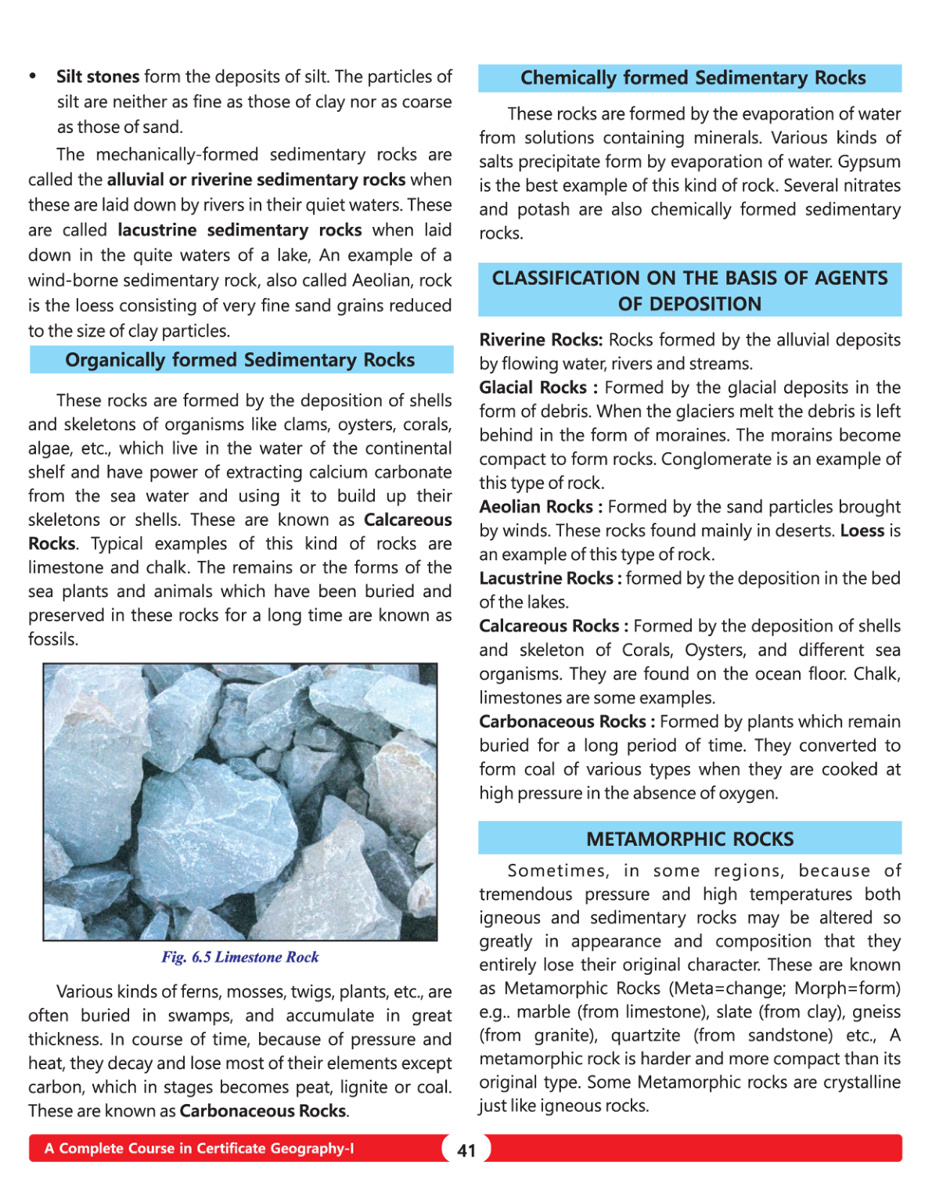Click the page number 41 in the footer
(x=466, y=1150)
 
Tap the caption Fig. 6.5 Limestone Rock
(x=240, y=957)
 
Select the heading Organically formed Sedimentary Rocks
(x=240, y=360)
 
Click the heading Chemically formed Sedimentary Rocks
(x=693, y=78)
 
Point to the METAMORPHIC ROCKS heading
(x=689, y=839)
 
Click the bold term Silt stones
(x=98, y=77)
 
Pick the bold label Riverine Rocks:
(x=541, y=340)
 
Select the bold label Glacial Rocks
(x=533, y=387)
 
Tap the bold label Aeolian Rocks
(x=536, y=507)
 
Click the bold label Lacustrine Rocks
(x=546, y=578)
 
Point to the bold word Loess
(x=862, y=531)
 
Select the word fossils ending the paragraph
(x=52, y=639)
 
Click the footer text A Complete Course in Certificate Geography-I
(x=199, y=1149)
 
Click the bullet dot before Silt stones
(x=33, y=77)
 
